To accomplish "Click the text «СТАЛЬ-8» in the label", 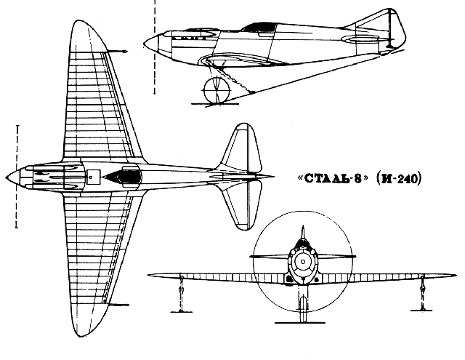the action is tap(333, 178).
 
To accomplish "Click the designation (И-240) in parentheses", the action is tap(398, 178).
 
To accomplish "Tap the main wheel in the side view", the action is tap(217, 90).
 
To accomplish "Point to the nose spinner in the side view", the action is tap(151, 44).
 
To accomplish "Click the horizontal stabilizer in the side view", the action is tap(360, 39).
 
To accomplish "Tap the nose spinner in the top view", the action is tap(13, 177).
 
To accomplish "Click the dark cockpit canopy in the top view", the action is tap(124, 177).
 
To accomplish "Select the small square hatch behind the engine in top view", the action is tap(92, 177).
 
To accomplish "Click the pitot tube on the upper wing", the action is tap(116, 52).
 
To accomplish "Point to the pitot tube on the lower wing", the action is tap(118, 305).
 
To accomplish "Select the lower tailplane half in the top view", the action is tap(242, 205).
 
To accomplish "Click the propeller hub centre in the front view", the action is tap(303, 262).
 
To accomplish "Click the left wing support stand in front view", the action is tap(182, 294).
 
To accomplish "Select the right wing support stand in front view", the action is tap(422, 293).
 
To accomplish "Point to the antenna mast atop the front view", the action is tap(303, 232).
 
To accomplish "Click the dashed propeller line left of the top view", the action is tap(17, 177).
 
